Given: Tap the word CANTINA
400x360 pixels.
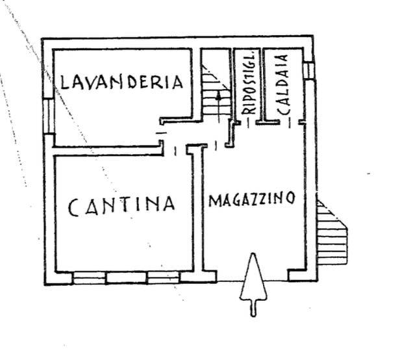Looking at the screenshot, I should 121,205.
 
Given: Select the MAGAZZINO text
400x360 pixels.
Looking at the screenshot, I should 251,199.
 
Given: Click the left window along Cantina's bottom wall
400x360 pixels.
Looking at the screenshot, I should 89,277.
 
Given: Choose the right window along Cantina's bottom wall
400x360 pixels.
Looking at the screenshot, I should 163,277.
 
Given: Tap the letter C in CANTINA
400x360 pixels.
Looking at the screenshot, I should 74,207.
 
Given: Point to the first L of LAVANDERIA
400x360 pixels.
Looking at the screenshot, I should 64,83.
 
